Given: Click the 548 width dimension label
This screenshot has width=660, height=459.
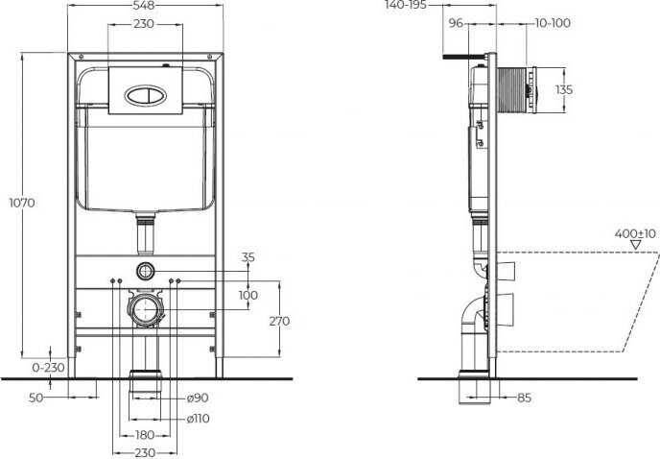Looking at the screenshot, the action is coord(144,5).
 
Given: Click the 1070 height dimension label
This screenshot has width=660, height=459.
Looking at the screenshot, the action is coord(22,203).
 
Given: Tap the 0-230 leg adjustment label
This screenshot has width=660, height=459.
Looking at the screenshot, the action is coord(48,368).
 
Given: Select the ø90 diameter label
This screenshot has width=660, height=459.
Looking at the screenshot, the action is coord(198,398).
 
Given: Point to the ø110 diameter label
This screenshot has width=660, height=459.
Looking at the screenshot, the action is coord(199,419).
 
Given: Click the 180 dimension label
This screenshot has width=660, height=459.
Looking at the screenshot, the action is coord(145,435).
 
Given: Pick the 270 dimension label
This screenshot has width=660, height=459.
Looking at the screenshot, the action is coord(279,321).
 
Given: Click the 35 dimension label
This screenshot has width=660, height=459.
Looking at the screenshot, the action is coord(248,257).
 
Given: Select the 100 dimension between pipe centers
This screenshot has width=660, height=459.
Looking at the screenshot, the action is coord(248,295).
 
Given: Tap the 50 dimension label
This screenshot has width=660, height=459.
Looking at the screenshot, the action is coord(35,398).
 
